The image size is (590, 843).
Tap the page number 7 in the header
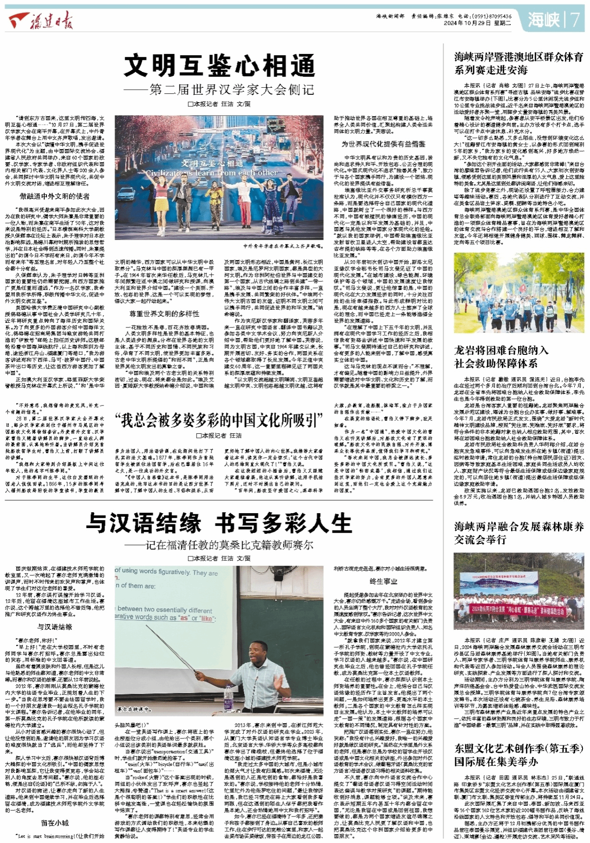pos(575,20)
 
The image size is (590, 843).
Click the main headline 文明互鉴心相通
pos(219,65)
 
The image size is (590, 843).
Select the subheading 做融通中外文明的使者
pos(55,196)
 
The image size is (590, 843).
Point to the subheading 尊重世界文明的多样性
pos(164,314)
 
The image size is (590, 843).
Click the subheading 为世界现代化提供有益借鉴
pos(383,144)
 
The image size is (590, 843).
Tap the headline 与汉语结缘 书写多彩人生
pos(219,523)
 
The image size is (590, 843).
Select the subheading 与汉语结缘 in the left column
pos(55,627)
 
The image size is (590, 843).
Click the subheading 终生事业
pos(383,582)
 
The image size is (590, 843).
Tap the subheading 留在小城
pos(55,823)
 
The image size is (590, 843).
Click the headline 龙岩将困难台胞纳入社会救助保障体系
pos(502,357)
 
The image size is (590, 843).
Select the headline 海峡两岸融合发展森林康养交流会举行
pos(519,533)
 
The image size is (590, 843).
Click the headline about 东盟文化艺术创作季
pos(519,755)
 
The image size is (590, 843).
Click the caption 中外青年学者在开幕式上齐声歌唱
pos(283,246)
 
